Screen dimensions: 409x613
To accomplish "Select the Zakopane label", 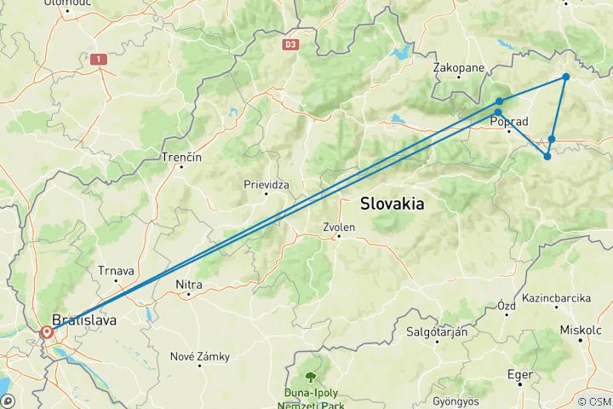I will coord(459,66).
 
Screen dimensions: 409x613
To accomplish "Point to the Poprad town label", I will coord(511,122).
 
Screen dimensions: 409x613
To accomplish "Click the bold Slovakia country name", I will coord(392,204).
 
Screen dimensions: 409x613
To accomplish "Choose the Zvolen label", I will coord(339,227).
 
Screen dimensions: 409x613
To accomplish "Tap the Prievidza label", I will coord(266,183).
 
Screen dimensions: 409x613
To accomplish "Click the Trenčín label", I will coord(181,158).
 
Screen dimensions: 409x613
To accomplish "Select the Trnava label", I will coord(117,271).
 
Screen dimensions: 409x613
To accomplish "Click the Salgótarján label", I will coord(437,332).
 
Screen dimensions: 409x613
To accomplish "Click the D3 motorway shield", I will coord(291,43).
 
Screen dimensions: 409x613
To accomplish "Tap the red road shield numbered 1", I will coord(100,59).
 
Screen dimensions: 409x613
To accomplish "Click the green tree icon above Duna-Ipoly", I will coord(312,375).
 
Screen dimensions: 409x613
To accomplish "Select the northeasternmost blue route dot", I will coord(565,78).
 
